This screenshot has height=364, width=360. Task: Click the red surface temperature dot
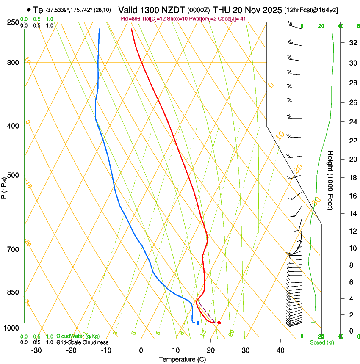click(x=219, y=323)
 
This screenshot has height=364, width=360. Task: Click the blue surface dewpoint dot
click(x=198, y=323)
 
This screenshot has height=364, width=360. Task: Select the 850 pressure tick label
click(x=13, y=292)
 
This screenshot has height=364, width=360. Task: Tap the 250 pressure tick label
click(x=13, y=22)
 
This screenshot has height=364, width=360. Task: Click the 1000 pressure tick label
click(x=11, y=328)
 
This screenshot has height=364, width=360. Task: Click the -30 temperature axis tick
click(x=36, y=350)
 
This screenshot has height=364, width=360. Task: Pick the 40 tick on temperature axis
click(x=280, y=350)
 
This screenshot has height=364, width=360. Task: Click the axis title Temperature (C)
click(x=182, y=359)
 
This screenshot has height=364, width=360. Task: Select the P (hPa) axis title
click(x=4, y=186)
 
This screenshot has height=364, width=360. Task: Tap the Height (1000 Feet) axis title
click(x=330, y=180)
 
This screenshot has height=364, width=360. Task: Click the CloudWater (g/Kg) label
click(x=78, y=336)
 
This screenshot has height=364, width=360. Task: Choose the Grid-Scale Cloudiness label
click(x=82, y=342)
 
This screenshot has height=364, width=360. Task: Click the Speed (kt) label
click(x=322, y=342)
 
